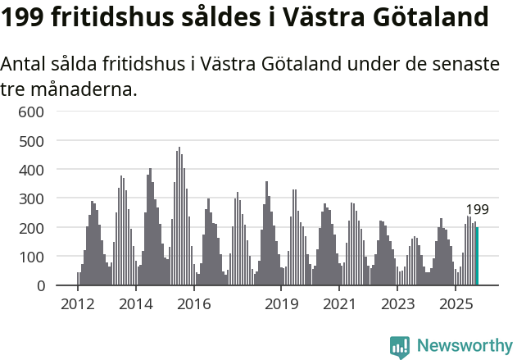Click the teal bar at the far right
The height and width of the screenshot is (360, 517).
(x=477, y=257)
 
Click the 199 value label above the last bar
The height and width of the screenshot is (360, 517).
(x=477, y=210)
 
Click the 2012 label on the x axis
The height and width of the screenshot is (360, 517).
(x=78, y=304)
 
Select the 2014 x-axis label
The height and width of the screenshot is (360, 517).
(x=136, y=304)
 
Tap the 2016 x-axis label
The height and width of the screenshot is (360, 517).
(x=194, y=304)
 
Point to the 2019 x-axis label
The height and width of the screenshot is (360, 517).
(x=281, y=304)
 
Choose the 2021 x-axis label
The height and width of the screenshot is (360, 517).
(x=339, y=304)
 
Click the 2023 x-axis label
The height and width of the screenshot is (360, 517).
(x=397, y=304)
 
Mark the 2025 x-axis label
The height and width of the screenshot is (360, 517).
(x=456, y=304)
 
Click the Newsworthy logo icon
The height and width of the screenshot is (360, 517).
(x=400, y=347)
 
